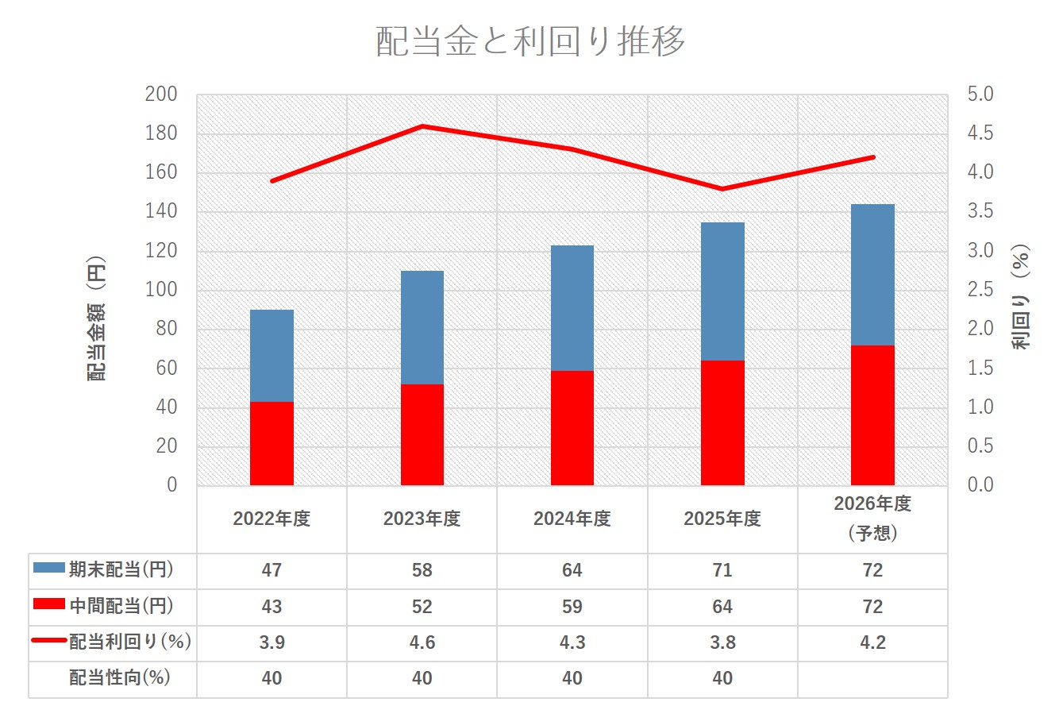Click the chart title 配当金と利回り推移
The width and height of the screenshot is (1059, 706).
[529, 41]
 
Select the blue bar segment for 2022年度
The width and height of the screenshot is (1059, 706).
[271, 356]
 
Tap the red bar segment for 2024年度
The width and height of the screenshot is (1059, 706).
[572, 427]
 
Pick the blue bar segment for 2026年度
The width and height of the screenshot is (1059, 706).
[872, 275]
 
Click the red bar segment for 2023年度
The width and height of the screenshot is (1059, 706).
[422, 434]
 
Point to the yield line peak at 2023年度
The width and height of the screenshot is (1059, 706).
[422, 126]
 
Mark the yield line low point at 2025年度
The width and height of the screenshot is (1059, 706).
[722, 189]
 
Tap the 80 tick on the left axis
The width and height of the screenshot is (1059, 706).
[166, 330]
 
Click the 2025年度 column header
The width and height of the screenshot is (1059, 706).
[722, 519]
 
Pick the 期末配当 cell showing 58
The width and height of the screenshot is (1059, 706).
[422, 570]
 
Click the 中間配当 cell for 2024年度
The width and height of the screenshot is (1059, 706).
[572, 607]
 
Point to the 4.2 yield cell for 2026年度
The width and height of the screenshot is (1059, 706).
[872, 642]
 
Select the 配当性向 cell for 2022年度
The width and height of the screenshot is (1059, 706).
[271, 678]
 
